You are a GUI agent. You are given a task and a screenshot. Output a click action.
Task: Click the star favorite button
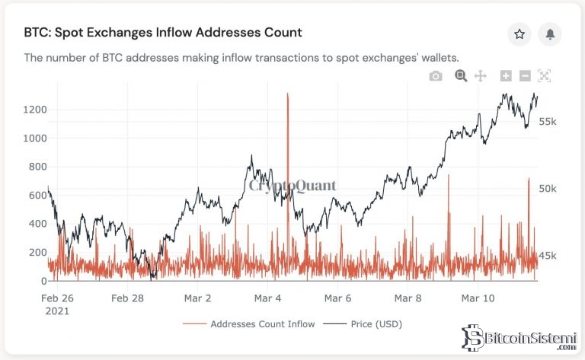[519, 34]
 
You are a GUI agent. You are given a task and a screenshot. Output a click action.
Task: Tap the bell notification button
[549, 34]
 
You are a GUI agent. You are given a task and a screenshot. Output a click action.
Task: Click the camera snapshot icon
[436, 75]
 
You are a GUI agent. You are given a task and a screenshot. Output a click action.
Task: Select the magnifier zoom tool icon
[460, 75]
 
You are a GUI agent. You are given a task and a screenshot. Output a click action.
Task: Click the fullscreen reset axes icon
[544, 75]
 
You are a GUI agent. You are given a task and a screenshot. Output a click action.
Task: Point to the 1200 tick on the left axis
[34, 110]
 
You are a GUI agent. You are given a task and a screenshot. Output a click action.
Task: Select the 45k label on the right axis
[549, 256]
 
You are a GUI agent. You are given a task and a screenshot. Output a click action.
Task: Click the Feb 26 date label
[58, 298]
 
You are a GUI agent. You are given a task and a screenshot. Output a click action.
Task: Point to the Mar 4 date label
[268, 298]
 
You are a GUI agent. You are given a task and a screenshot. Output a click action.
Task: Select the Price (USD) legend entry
[372, 324]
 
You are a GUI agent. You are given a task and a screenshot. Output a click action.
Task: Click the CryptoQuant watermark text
[292, 185]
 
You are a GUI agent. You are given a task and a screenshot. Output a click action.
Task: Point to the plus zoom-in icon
[505, 75]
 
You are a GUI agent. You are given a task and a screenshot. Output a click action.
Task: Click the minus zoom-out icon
[525, 75]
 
